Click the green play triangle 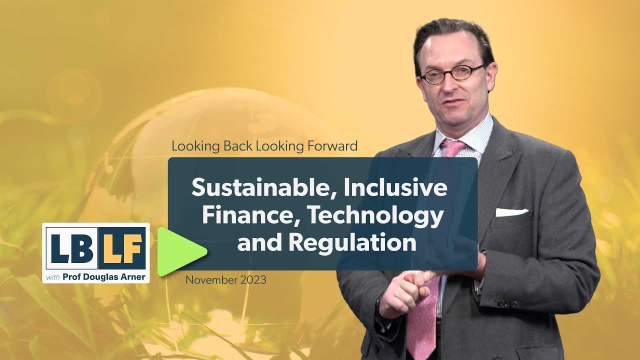[179, 251]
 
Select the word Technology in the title [375, 215]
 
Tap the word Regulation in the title [353, 242]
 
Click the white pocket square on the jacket [511, 212]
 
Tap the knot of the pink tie [452, 148]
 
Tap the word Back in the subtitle [238, 146]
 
